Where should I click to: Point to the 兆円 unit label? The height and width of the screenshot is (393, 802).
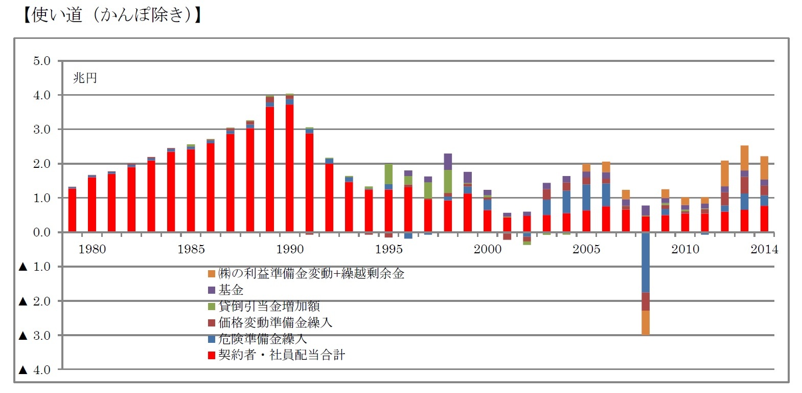[85, 78]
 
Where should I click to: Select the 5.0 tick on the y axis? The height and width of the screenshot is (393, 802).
[42, 61]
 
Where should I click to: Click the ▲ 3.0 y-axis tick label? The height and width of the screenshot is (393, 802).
[35, 336]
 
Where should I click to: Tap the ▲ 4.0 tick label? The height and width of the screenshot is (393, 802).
[35, 370]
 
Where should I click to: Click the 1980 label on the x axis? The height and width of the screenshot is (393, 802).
[92, 249]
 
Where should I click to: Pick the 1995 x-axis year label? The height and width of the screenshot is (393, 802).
[388, 249]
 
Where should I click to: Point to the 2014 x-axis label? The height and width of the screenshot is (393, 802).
[764, 249]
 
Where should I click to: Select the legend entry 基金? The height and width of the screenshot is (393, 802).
[231, 290]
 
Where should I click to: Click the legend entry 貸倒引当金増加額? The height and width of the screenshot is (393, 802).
[269, 306]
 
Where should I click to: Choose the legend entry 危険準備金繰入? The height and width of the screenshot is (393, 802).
[262, 339]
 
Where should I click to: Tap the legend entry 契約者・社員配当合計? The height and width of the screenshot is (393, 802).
[281, 355]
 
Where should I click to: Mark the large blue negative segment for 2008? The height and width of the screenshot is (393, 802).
[646, 262]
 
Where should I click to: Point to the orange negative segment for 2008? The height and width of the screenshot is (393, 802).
[646, 323]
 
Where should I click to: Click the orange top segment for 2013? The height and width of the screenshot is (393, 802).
[745, 158]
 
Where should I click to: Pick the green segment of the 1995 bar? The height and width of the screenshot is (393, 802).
[388, 174]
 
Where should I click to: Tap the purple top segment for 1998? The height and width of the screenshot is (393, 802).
[448, 161]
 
